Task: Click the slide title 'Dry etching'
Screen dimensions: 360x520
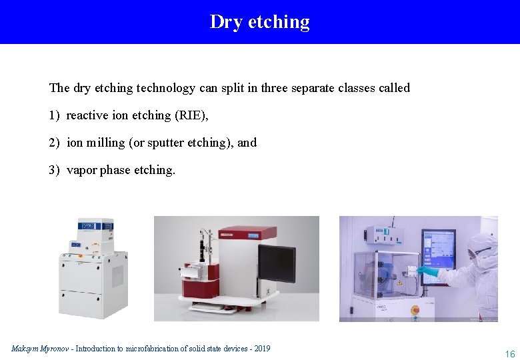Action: (x=259, y=22)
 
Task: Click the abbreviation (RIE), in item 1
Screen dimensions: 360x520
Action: (x=191, y=115)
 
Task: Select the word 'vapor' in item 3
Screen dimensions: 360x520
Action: (x=82, y=170)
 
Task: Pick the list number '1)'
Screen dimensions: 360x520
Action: (x=54, y=115)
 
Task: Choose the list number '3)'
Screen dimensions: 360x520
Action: (x=54, y=170)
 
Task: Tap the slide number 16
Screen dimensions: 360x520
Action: (x=510, y=354)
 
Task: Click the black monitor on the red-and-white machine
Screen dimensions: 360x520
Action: (x=277, y=264)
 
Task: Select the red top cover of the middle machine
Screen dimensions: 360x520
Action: (x=247, y=233)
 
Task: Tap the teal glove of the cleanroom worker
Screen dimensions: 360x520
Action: (x=427, y=271)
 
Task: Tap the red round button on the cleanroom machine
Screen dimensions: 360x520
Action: (x=414, y=309)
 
